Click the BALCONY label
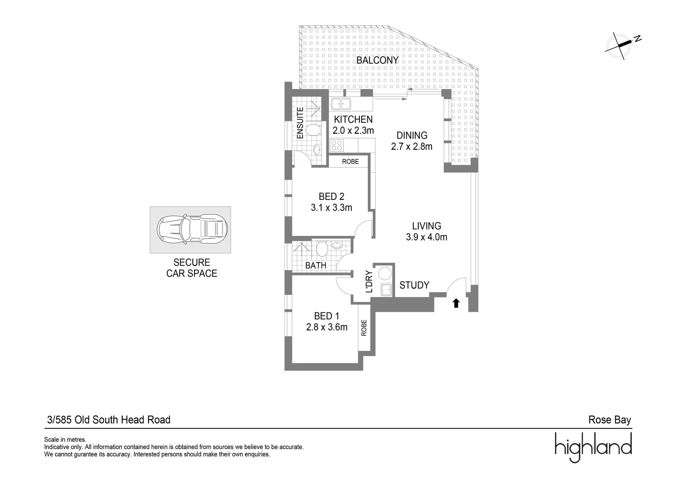[377, 60]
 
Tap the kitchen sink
[341, 104]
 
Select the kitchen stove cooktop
[337, 145]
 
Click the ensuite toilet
[313, 130]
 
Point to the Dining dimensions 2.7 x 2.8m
[412, 146]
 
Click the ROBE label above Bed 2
[350, 162]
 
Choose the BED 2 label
[331, 197]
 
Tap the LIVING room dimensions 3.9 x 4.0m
[426, 237]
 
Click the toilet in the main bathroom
[322, 249]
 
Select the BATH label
[315, 266]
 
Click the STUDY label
[414, 285]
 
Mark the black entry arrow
[456, 303]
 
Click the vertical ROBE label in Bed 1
[364, 328]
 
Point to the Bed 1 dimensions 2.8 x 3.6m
[327, 328]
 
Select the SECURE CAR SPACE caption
[191, 268]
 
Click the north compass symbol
[623, 44]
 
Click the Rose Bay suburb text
[609, 420]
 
